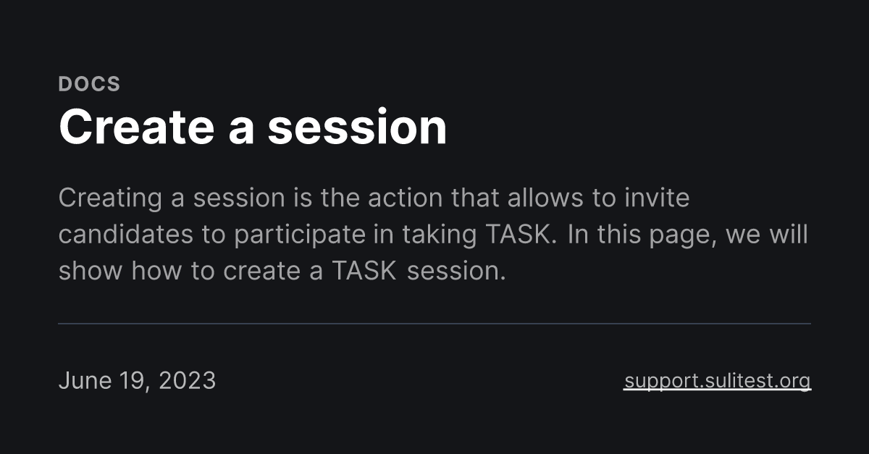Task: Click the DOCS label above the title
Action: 89,84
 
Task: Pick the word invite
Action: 657,198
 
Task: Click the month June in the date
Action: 85,381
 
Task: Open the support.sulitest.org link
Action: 717,381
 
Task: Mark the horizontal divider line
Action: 434,324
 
